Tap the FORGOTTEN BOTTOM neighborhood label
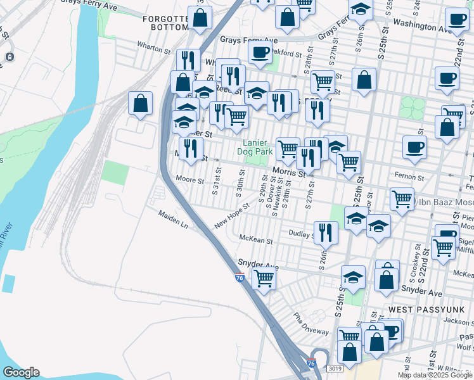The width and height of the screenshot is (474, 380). [166, 23]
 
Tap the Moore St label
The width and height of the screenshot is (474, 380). [190, 180]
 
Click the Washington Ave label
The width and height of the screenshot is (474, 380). [421, 25]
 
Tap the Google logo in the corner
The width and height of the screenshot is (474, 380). [21, 372]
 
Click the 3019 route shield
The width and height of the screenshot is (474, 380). [336, 368]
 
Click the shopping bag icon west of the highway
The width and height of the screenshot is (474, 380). [140, 103]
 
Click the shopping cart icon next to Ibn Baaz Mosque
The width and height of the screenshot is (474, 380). [402, 199]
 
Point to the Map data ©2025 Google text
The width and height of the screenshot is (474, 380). [435, 375]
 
